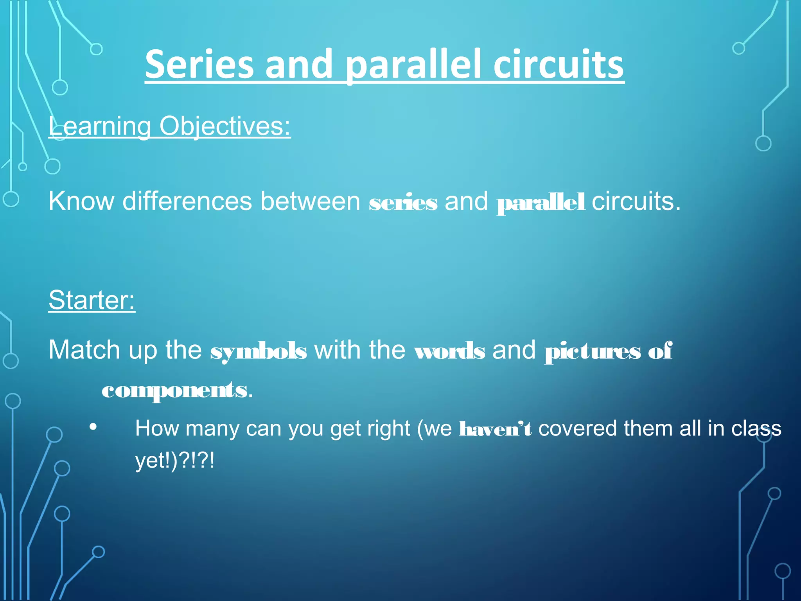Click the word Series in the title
point(199,65)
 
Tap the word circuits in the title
point(558,65)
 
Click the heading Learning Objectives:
point(170,126)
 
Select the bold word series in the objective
point(403,203)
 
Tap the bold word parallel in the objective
point(541,203)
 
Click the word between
point(310,202)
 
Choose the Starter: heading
point(92,300)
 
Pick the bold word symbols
point(259,351)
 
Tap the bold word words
point(450,351)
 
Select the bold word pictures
point(593,351)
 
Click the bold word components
point(174,390)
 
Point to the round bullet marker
point(93,427)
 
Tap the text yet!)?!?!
point(175,461)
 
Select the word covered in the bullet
point(578,428)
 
